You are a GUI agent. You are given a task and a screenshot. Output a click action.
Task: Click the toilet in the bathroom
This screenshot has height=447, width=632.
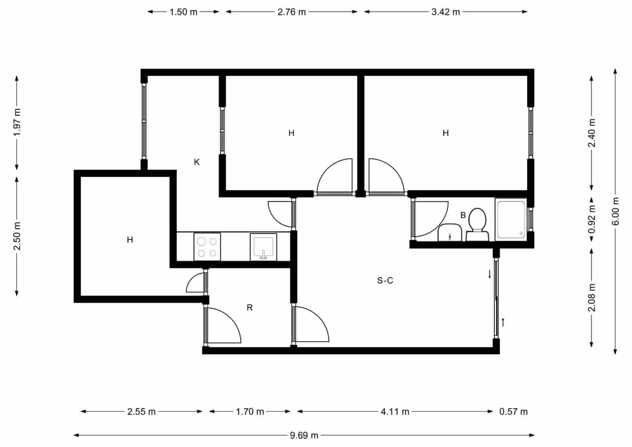click(477, 224)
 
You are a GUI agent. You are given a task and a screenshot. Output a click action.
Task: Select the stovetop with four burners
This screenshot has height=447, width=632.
click(207, 247)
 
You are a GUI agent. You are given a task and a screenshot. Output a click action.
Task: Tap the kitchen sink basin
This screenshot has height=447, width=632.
click(263, 247)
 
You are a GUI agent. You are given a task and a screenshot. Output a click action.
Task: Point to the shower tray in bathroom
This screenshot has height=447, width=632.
click(511, 219)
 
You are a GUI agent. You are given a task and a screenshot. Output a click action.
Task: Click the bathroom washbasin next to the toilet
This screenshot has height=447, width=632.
click(450, 233)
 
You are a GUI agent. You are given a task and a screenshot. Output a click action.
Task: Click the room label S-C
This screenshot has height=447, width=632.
click(385, 281)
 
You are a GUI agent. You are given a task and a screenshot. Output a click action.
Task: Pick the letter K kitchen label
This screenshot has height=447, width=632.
click(197, 162)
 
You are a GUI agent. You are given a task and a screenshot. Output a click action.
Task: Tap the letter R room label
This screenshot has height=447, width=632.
click(250, 307)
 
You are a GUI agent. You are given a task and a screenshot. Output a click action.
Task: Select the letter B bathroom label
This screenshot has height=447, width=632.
click(463, 215)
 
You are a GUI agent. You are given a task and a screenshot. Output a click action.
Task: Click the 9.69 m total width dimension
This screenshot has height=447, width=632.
click(304, 436)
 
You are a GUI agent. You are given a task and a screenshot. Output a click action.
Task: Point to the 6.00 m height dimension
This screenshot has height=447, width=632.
click(615, 211)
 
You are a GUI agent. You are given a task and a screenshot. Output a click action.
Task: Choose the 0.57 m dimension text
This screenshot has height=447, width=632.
click(513, 412)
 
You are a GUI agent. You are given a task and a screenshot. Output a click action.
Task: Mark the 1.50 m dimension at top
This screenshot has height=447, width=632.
click(183, 12)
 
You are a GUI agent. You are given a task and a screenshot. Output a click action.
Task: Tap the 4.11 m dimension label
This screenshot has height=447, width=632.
click(395, 412)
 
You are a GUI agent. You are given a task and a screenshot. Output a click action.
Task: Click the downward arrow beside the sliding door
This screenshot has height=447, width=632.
click(490, 274)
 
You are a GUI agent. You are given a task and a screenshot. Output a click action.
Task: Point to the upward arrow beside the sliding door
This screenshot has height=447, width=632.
click(503, 322)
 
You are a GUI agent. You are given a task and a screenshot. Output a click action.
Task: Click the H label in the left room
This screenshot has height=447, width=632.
click(130, 240)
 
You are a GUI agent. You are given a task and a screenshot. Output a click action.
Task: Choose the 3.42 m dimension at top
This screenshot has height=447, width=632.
click(446, 12)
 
